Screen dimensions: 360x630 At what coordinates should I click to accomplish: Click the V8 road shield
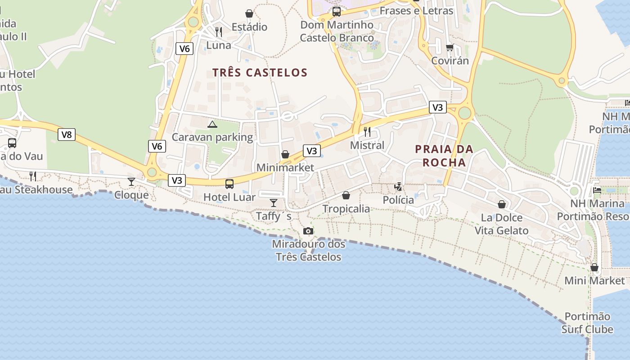click(67, 134)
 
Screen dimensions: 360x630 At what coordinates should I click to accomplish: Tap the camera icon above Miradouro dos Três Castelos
click(308, 231)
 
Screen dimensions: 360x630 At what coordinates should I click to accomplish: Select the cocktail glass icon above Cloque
click(131, 182)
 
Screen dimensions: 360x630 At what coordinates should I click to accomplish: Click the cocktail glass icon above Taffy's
click(274, 202)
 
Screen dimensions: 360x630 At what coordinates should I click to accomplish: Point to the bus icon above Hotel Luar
click(229, 184)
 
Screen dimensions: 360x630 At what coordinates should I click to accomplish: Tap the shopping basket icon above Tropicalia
click(346, 195)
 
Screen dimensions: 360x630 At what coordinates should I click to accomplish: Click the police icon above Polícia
click(398, 186)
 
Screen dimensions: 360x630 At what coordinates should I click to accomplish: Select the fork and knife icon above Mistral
click(367, 132)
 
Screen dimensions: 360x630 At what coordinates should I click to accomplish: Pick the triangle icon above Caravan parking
click(212, 124)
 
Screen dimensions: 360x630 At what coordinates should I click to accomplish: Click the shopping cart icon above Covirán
click(450, 47)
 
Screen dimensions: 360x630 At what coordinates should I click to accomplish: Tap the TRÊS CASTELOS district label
click(260, 72)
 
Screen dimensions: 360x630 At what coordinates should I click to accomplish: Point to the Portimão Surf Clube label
click(587, 323)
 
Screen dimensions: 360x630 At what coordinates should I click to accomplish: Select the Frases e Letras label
click(416, 10)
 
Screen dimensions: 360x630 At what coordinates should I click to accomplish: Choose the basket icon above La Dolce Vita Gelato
click(502, 205)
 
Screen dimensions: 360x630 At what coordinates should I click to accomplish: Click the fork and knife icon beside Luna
click(219, 31)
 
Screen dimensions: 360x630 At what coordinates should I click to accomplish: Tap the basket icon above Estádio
click(249, 13)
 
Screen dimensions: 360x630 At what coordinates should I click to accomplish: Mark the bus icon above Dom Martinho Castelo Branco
click(337, 12)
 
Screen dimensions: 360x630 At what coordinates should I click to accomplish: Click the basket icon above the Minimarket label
click(285, 155)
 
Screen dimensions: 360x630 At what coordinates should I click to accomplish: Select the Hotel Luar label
click(229, 197)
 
